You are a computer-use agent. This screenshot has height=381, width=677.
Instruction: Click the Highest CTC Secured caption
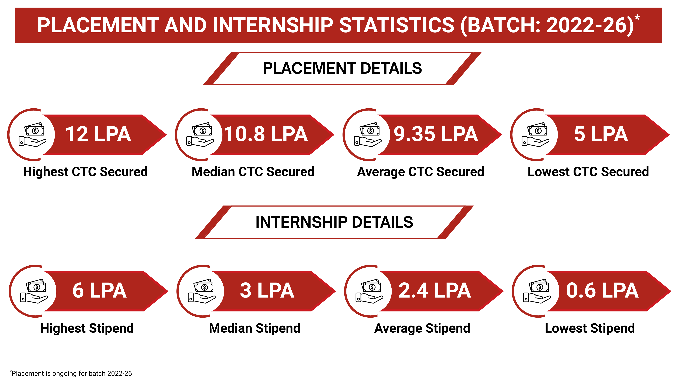point(85,172)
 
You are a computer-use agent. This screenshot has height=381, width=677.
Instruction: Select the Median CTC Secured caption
point(253,172)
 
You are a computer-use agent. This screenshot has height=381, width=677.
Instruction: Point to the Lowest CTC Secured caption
point(588,172)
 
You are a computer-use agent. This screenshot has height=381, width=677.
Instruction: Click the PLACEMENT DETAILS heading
point(342,68)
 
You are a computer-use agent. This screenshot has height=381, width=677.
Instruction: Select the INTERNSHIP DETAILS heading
point(334,222)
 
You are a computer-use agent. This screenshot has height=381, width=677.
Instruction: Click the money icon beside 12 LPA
point(33,135)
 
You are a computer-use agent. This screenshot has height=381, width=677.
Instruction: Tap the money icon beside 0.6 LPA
point(537,291)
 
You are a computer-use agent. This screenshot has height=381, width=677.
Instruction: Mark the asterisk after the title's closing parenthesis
point(637,18)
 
